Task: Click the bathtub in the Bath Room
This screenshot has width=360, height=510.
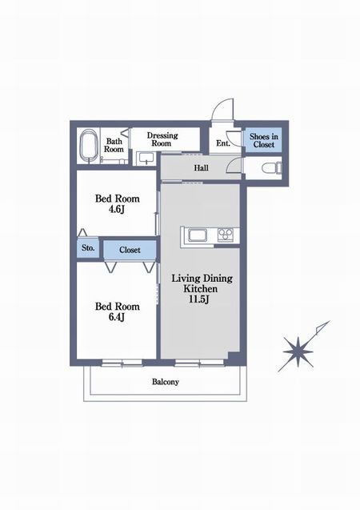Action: [88, 146]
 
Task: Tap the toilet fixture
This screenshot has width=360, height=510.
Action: [272, 168]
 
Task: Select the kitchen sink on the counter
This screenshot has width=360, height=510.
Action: [198, 235]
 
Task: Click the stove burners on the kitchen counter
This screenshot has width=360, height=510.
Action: [225, 235]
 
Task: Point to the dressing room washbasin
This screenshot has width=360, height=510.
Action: [146, 158]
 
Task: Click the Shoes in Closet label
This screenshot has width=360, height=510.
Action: [263, 141]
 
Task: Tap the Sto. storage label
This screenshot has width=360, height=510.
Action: [88, 248]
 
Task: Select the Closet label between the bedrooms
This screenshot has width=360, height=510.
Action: [130, 250]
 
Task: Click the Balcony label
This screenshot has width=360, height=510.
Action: [166, 382]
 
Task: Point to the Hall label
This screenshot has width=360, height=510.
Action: [201, 168]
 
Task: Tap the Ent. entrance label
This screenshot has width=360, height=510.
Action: [223, 143]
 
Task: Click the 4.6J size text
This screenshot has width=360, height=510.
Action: [117, 210]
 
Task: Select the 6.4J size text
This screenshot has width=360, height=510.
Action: [117, 317]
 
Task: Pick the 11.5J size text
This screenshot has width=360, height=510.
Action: [198, 299]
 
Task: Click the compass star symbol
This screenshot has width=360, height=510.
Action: [298, 352]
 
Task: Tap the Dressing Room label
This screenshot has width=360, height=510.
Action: [162, 139]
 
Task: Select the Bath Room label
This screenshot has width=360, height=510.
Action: [114, 146]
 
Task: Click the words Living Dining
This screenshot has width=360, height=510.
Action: [202, 279]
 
